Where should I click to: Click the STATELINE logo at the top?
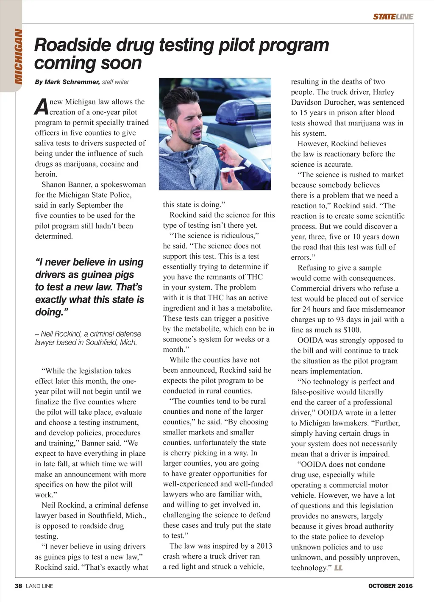(393, 17)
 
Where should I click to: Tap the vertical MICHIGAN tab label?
(18, 56)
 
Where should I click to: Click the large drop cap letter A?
(41, 107)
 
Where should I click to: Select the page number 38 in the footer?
(18, 586)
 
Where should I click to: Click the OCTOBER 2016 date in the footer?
(390, 586)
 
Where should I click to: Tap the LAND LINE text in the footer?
(39, 586)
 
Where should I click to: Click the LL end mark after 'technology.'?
(339, 568)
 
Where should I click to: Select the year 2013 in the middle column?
(263, 546)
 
